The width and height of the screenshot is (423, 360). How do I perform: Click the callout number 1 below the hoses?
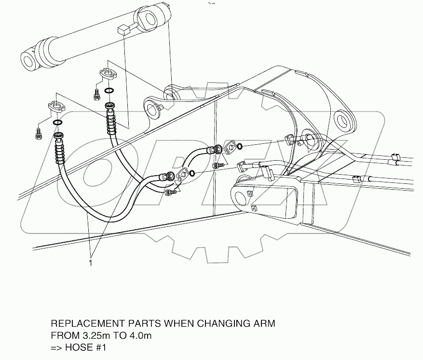coord(90,263)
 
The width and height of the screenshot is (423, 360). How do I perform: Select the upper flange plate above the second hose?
coord(109,74)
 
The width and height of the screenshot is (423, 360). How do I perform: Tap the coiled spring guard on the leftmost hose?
coord(59,152)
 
